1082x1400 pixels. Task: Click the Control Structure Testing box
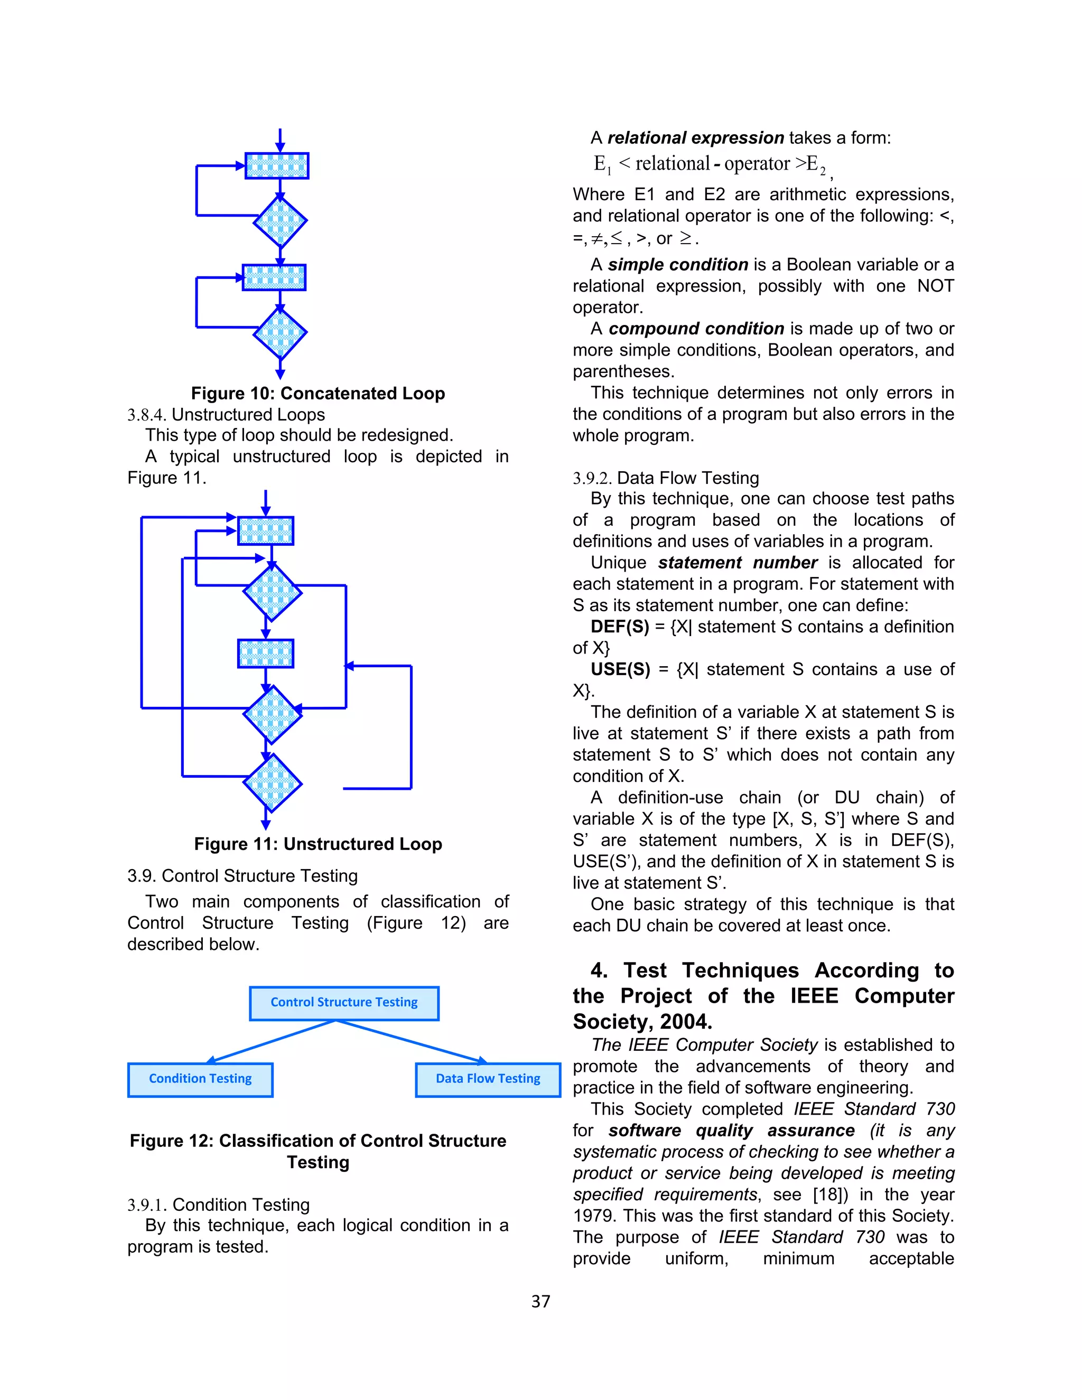(344, 1003)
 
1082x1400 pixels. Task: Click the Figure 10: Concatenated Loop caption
(318, 394)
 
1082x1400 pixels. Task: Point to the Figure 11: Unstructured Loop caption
(318, 844)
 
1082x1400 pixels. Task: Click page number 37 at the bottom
(540, 1301)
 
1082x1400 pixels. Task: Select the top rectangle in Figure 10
(277, 166)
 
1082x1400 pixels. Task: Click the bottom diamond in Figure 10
(280, 333)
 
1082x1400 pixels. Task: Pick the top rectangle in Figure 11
(265, 531)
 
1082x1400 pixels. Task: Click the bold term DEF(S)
(620, 627)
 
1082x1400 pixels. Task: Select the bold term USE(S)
(620, 670)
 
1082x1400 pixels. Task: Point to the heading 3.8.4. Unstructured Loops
(226, 415)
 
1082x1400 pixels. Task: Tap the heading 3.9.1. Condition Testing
(218, 1205)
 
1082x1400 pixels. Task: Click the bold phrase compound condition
(696, 329)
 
